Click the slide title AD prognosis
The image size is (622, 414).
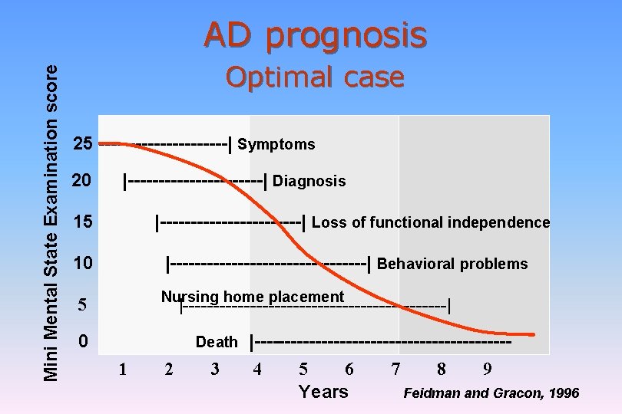[315, 34]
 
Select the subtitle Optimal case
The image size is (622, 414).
[315, 77]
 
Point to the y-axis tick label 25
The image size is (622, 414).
[83, 144]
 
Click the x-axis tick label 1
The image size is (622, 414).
[122, 370]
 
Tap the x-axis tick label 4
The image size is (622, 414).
[257, 370]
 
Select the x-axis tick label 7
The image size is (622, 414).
[395, 370]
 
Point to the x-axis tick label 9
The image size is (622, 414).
[487, 370]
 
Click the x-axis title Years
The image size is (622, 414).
[323, 392]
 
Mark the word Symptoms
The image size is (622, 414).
[276, 144]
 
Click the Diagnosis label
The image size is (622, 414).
[309, 182]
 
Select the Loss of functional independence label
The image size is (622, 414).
[431, 223]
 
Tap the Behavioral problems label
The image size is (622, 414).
[452, 264]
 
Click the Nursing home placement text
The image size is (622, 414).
[253, 297]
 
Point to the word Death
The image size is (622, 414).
[217, 342]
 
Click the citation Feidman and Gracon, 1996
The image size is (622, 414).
[491, 393]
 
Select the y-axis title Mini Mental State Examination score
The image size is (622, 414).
[51, 222]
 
